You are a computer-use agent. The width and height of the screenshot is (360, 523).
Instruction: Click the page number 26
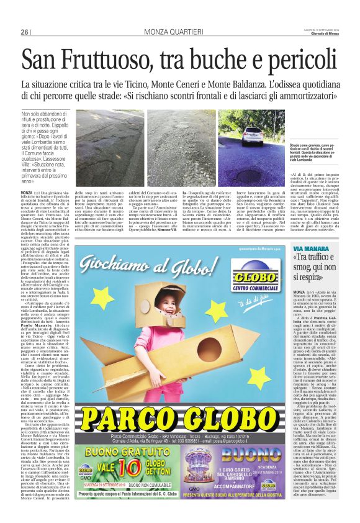[25, 32]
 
